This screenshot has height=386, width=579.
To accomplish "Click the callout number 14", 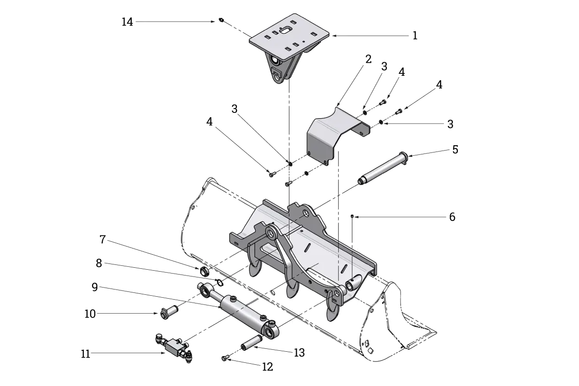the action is (x=127, y=22).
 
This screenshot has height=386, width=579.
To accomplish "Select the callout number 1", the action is (x=415, y=35).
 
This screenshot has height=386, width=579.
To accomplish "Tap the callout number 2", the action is (x=368, y=59).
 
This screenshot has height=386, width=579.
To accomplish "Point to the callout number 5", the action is (x=455, y=150).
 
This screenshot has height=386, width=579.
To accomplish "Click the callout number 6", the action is (x=452, y=217).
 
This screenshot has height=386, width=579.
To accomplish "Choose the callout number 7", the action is (x=103, y=239).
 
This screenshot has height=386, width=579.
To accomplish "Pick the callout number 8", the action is (x=99, y=263).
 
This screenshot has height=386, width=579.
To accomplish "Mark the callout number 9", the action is (x=95, y=287).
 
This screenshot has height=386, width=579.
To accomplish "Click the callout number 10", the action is (x=90, y=314).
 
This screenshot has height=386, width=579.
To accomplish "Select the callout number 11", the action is (x=85, y=354).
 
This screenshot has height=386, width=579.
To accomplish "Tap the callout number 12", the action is (x=267, y=367).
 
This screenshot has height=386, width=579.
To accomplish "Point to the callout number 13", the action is (x=299, y=352).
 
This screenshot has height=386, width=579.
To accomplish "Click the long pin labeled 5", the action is (x=383, y=168).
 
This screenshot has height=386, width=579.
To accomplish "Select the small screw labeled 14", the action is (x=221, y=20).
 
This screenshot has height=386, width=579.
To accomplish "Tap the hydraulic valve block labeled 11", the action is (x=174, y=348).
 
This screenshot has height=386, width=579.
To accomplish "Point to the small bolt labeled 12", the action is (x=225, y=358).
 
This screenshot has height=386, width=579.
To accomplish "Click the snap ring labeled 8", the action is (x=219, y=283).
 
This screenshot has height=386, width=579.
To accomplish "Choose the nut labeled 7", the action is (x=204, y=271).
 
